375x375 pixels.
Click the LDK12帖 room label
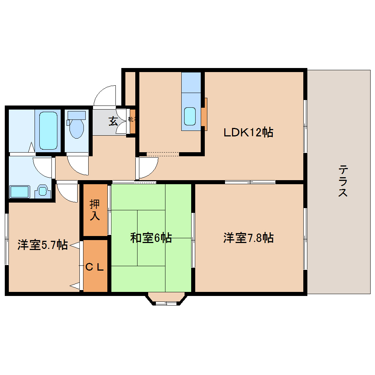249,132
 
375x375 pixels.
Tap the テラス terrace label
343,181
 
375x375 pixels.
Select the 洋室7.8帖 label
248,238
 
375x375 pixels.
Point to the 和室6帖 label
151,238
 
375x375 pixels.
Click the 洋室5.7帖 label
42,244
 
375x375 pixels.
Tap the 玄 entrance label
113,121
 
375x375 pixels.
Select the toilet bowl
76,127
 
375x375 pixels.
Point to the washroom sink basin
43,191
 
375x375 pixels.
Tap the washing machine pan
19,192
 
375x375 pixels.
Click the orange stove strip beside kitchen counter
204,114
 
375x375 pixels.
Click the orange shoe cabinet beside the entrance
132,121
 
